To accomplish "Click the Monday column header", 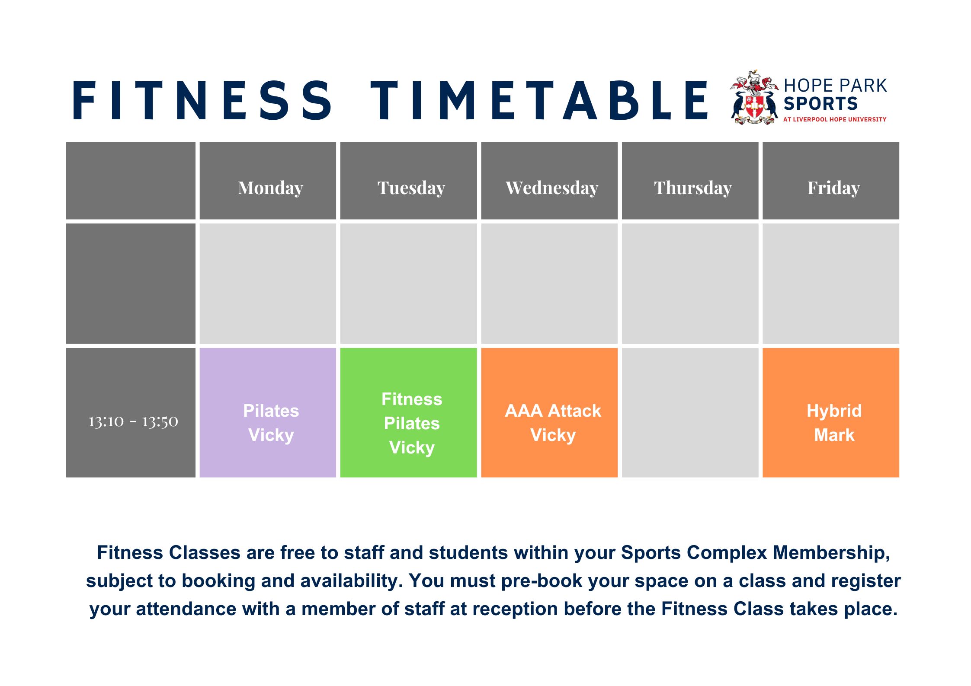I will coord(270,188).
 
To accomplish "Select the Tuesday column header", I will coord(411,188).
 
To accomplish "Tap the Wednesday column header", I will coord(551,188).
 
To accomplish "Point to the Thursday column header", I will coord(692,188).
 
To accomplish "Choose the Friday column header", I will coord(833,188).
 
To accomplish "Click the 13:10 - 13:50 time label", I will coord(133,421).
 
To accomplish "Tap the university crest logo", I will coord(753,97).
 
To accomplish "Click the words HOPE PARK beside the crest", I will coord(835,86).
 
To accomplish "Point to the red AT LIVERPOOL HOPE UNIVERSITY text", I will coord(835,119).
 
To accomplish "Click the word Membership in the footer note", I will coord(831,553).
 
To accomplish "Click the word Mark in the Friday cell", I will coord(834,435).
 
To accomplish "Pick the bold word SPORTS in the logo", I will coord(820,104).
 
